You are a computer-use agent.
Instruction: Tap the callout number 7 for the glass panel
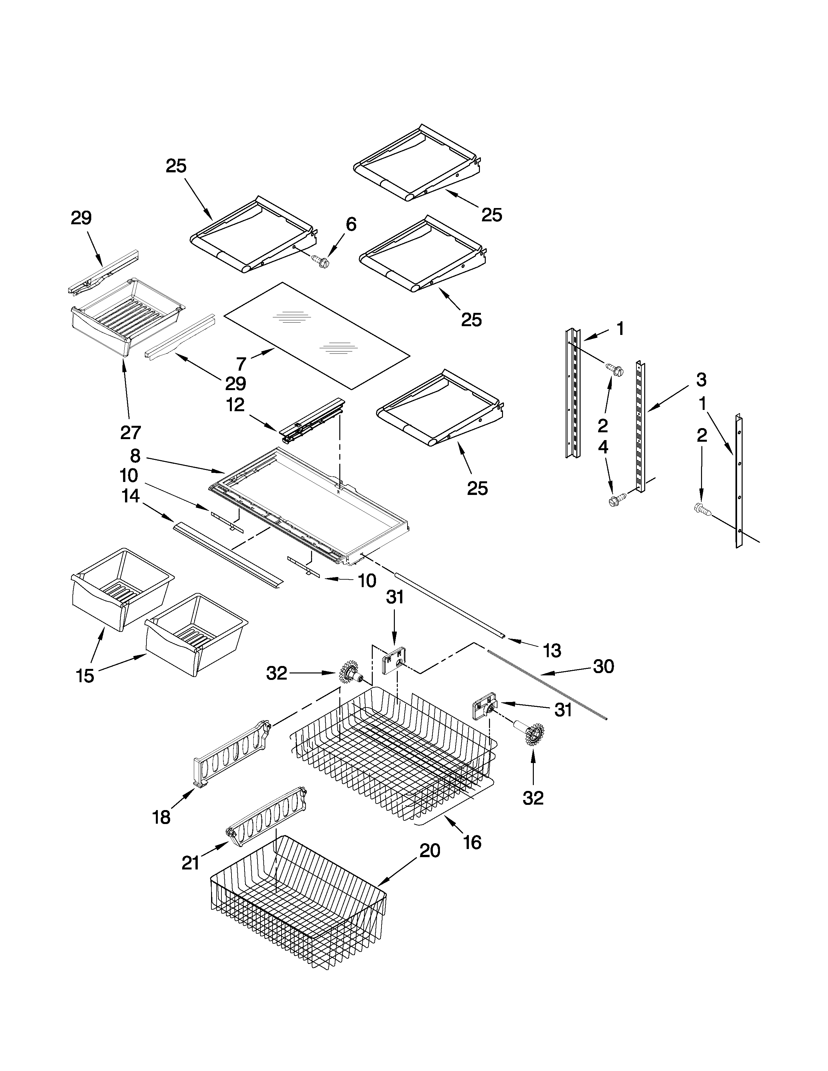[241, 364]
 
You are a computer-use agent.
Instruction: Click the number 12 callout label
[235, 405]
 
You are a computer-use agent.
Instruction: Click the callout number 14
[131, 496]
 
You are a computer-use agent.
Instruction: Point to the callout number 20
[430, 851]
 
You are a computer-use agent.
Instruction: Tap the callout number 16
[471, 843]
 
